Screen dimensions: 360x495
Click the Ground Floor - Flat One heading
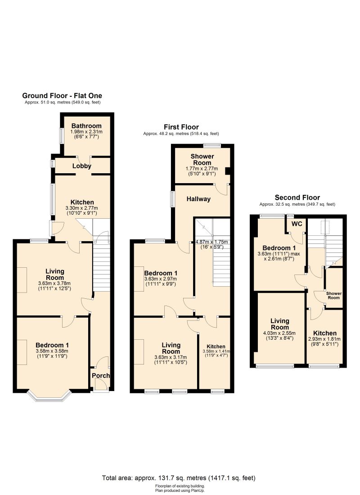pyautogui.click(x=62, y=96)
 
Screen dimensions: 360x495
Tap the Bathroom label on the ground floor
pyautogui.click(x=86, y=126)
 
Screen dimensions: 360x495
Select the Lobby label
pyautogui.click(x=82, y=166)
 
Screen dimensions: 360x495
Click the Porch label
pyautogui.click(x=101, y=375)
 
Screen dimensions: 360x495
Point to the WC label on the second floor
pyautogui.click(x=297, y=224)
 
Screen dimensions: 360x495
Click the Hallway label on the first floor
pyautogui.click(x=198, y=199)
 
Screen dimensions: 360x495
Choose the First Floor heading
pyautogui.click(x=181, y=127)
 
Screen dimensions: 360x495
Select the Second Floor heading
pyautogui.click(x=297, y=198)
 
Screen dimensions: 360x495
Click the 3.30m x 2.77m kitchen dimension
pyautogui.click(x=82, y=208)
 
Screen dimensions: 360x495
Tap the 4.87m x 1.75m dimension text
pyautogui.click(x=211, y=242)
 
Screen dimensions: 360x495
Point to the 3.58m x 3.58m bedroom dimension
pyautogui.click(x=52, y=351)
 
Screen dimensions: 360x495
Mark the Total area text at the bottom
pyautogui.click(x=179, y=478)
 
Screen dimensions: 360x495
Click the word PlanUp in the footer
pyautogui.click(x=198, y=490)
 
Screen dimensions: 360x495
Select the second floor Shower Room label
pyautogui.click(x=334, y=296)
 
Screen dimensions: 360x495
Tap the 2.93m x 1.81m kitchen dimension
pyautogui.click(x=324, y=339)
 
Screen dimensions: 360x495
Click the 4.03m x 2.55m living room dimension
pyautogui.click(x=279, y=333)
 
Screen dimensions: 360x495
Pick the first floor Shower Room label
pyautogui.click(x=202, y=159)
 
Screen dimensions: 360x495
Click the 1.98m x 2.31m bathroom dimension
pyautogui.click(x=86, y=132)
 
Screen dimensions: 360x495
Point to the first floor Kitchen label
pyautogui.click(x=216, y=346)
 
